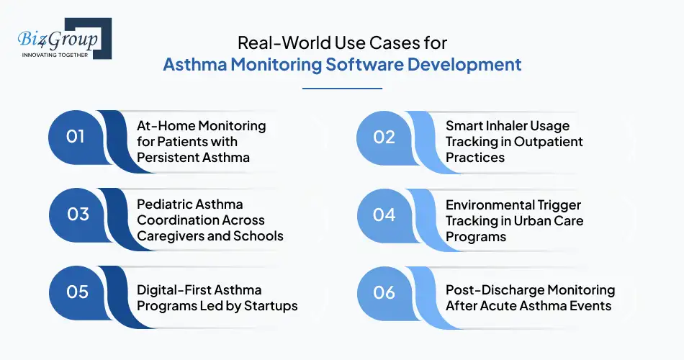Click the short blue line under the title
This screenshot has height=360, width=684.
tap(342, 89)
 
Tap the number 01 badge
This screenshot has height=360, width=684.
tap(76, 136)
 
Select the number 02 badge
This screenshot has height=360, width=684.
tap(384, 136)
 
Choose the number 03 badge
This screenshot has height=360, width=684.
tap(76, 214)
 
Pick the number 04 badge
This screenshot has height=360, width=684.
tap(384, 214)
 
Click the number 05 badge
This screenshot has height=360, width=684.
tap(76, 292)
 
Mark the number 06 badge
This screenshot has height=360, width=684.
tap(384, 292)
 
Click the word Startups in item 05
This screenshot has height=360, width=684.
tap(270, 306)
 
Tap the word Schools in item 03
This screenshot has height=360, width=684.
tap(258, 236)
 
